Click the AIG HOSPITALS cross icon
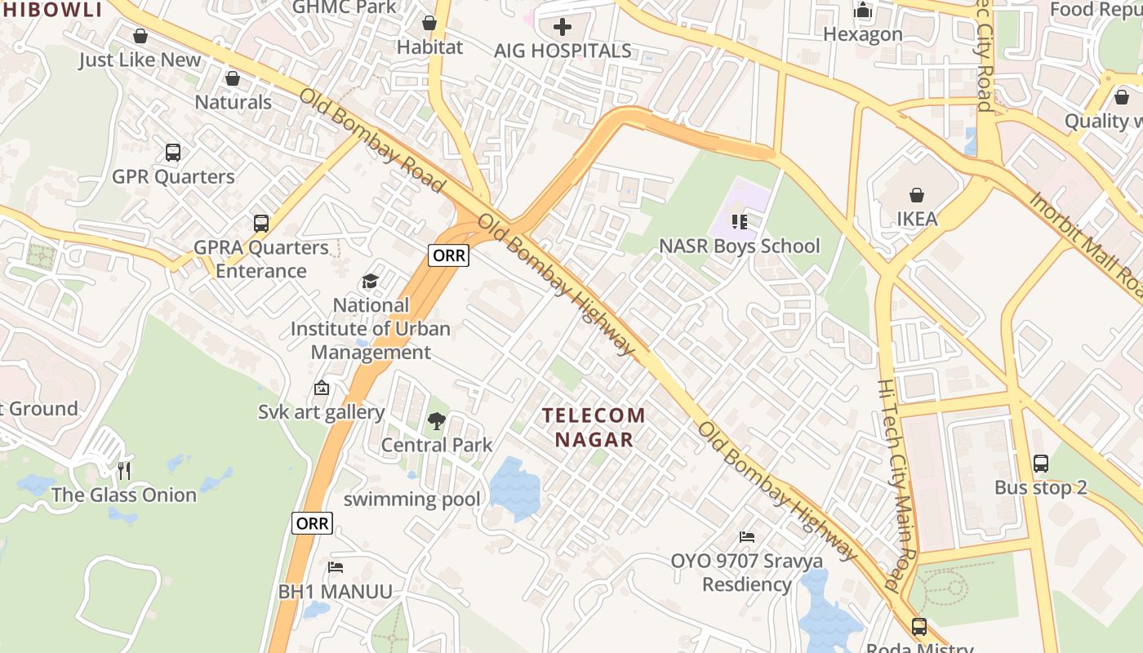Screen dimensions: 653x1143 tap(563, 27)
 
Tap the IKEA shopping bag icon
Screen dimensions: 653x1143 tap(917, 195)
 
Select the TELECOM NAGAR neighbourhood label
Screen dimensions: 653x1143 tap(594, 427)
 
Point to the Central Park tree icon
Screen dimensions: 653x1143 tap(437, 421)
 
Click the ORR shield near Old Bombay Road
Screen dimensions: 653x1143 tap(449, 255)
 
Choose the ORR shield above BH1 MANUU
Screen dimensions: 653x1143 tap(312, 523)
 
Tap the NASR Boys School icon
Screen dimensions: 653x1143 tap(740, 221)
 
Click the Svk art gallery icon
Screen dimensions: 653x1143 tap(322, 389)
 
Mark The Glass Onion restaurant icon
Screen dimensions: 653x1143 tap(124, 471)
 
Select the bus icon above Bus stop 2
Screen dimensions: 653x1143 tap(1041, 464)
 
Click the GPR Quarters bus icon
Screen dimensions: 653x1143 tap(173, 152)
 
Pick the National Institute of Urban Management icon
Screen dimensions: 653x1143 tap(371, 282)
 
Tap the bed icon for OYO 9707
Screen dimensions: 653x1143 tap(747, 537)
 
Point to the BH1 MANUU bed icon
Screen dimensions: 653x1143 tap(336, 567)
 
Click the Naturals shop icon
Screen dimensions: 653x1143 tap(233, 78)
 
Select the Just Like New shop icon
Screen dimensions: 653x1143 tap(140, 36)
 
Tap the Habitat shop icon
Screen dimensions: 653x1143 tap(429, 23)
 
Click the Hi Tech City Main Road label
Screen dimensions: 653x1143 tap(900, 486)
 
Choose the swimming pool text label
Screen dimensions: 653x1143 tap(411, 499)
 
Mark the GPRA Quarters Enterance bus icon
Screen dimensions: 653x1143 tap(261, 223)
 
